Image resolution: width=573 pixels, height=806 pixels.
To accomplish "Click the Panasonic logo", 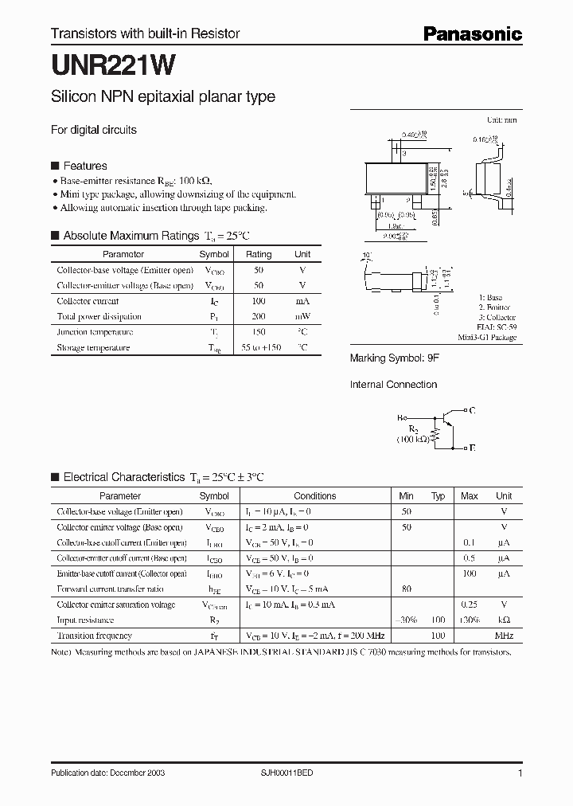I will coord(471,33).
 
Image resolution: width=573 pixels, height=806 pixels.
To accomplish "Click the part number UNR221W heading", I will coord(103,65).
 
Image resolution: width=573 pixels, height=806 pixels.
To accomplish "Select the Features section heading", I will coord(84,166).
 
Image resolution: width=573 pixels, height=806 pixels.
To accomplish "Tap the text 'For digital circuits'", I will coord(93,130).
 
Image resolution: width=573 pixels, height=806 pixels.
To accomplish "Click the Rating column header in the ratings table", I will coord(259,254).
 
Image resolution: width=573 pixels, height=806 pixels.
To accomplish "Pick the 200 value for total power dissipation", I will coord(259,316).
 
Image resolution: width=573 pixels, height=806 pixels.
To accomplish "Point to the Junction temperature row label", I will coord(95,332).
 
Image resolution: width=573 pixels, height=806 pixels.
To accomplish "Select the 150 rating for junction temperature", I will coord(259,332).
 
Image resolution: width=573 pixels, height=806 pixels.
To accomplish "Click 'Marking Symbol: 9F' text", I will coord(395,358).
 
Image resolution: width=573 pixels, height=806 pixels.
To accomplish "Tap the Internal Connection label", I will coord(393,385).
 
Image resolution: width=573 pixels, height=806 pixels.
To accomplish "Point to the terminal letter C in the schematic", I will coord(472,410).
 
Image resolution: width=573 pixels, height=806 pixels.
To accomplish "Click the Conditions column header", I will coord(314,495).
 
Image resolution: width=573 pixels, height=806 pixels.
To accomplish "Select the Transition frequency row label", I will coord(94,636).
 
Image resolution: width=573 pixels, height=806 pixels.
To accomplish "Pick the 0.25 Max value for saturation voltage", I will coord(470,604).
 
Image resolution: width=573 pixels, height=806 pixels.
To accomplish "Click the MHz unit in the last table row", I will coord(504,636).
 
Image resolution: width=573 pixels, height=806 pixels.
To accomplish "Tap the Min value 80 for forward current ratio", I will coord(406,589).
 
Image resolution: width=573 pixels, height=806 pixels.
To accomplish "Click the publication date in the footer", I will coord(107,773).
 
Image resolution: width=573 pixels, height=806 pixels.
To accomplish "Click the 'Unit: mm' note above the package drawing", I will coord(501,120).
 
